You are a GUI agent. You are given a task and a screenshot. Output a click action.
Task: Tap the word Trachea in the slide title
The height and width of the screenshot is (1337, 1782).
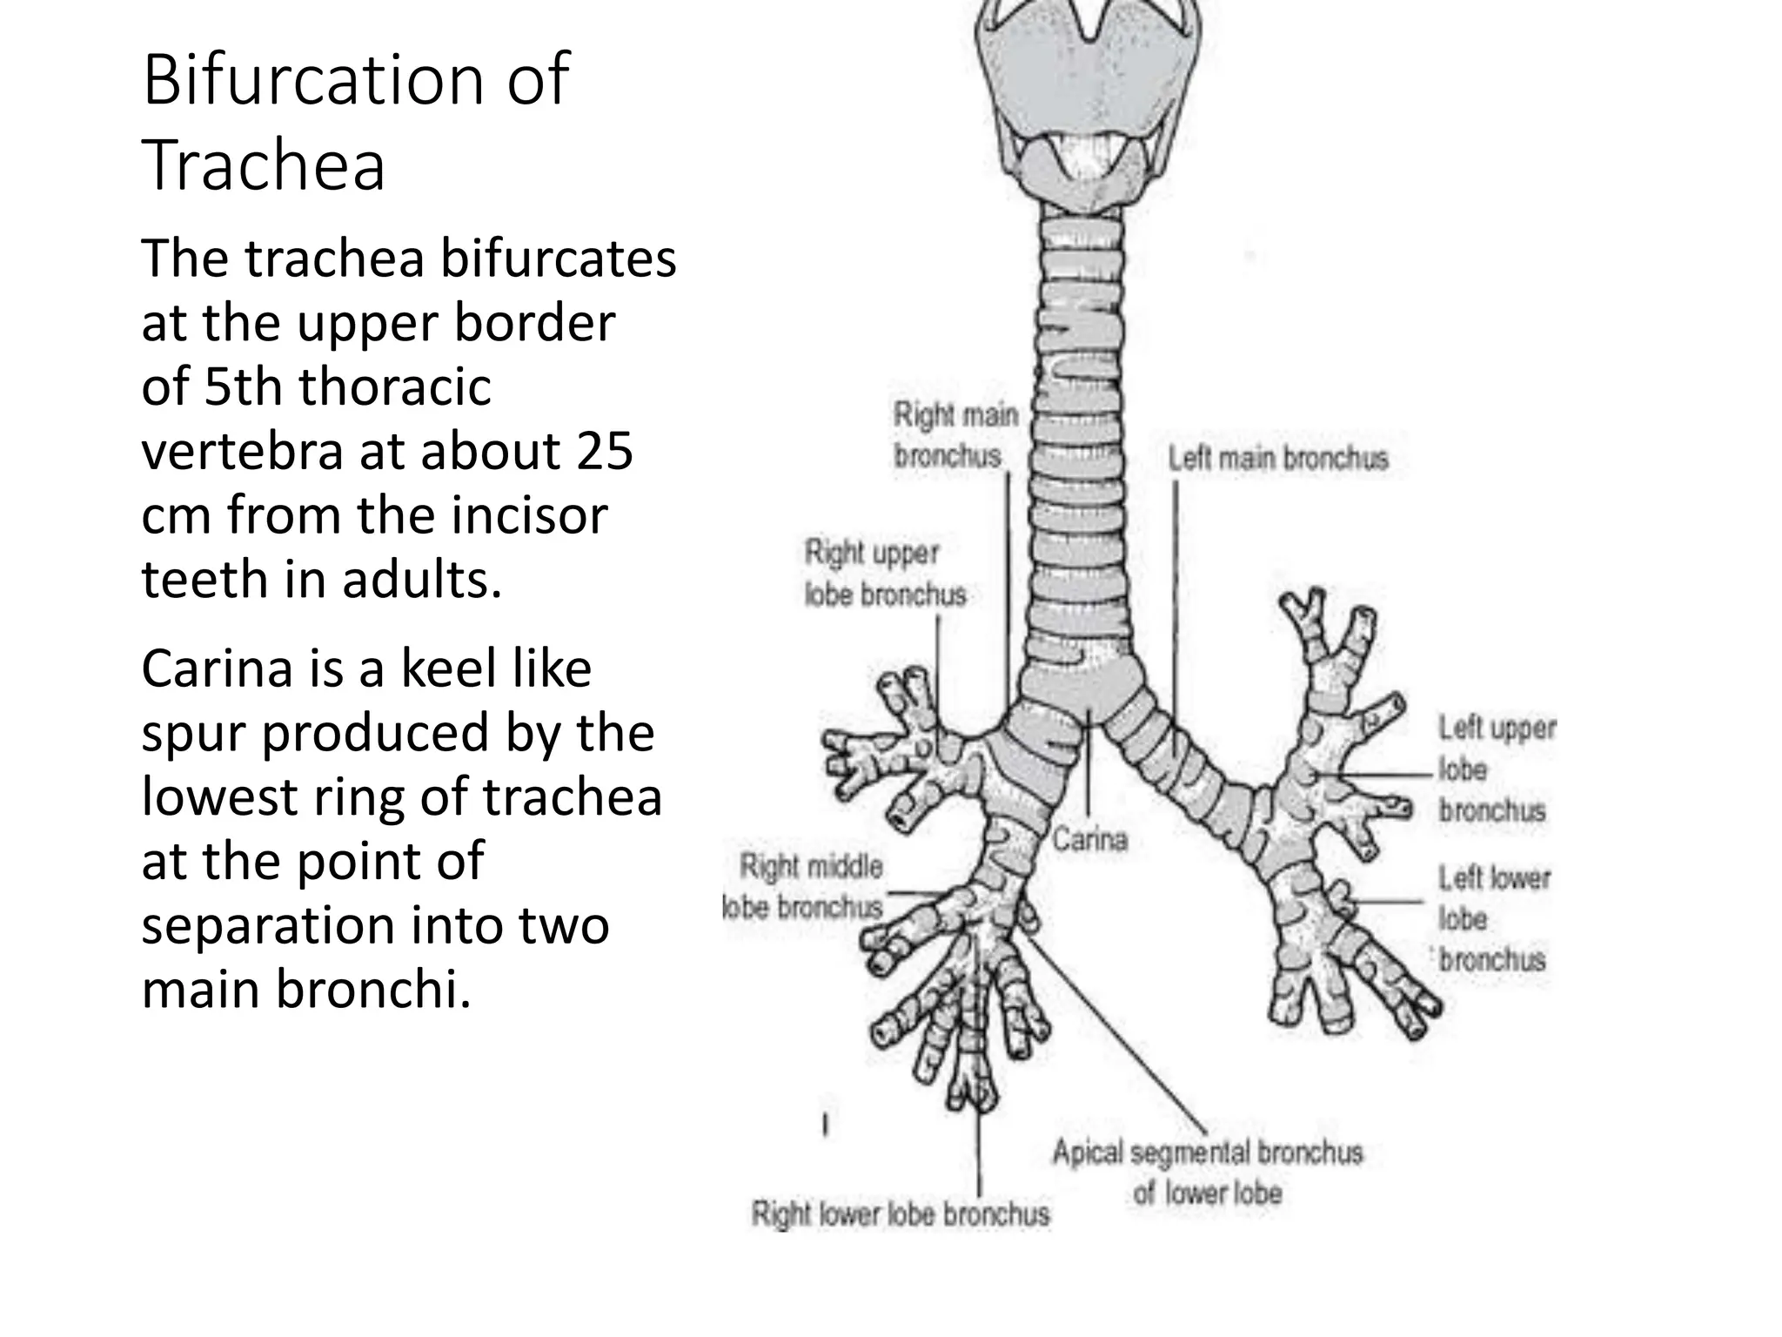(263, 165)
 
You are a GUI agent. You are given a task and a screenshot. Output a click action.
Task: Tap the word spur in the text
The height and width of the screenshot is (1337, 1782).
(193, 733)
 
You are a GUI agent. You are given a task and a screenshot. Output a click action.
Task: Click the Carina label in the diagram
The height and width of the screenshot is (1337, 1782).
(1089, 839)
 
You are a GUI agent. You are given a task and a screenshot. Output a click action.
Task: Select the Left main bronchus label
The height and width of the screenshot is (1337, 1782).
(1277, 459)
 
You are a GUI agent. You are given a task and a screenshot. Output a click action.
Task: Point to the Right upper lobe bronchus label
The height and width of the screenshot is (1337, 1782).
(884, 574)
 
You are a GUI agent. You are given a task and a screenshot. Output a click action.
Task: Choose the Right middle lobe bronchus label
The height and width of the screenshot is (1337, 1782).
(805, 887)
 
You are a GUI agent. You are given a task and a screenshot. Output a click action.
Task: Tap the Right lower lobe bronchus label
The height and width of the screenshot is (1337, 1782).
(901, 1213)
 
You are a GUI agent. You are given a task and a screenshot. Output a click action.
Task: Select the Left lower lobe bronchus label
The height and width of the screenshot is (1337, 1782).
(1493, 918)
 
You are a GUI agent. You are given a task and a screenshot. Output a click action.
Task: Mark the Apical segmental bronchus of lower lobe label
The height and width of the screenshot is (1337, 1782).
(1207, 1172)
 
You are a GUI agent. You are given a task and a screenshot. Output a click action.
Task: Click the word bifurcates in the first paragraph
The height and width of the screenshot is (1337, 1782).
(558, 259)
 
